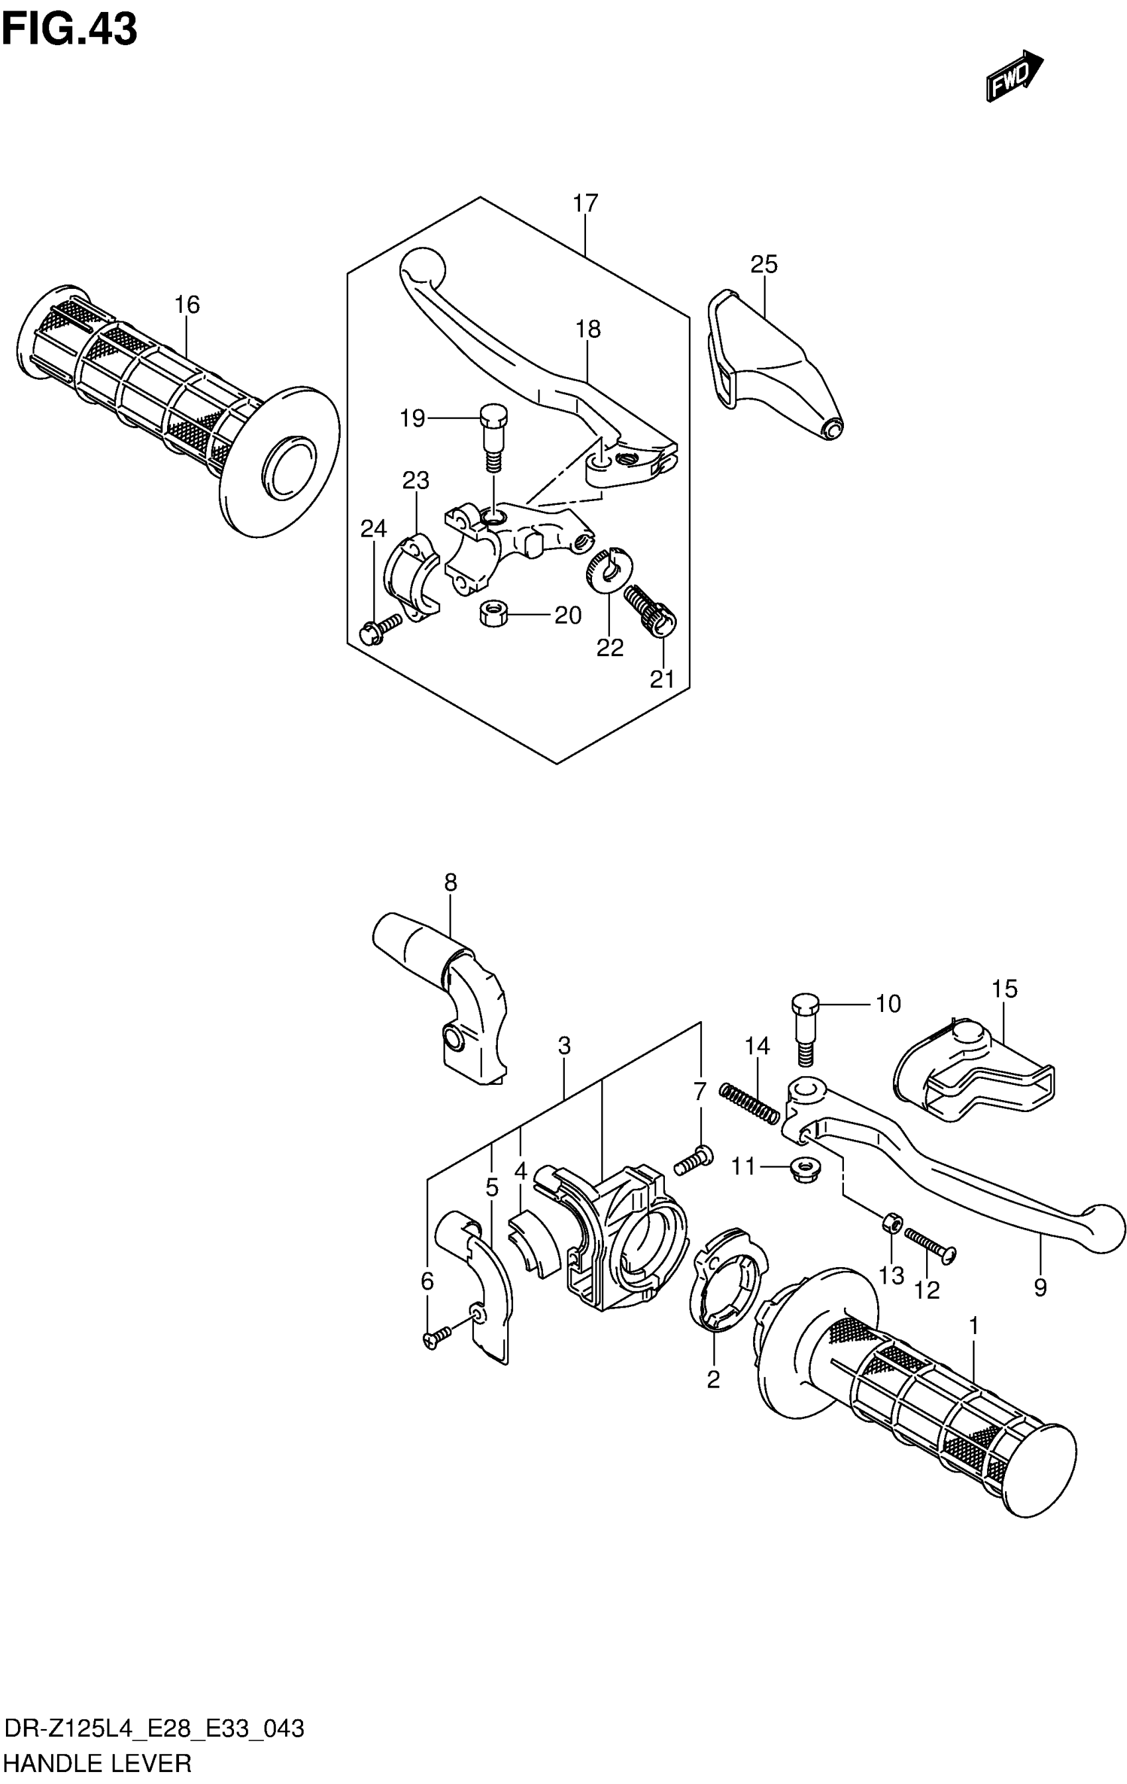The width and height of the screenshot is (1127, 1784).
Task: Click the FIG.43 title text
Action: click(x=70, y=30)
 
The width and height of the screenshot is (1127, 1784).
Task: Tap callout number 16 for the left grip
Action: click(x=187, y=304)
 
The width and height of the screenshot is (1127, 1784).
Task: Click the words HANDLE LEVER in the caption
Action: click(x=98, y=1763)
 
